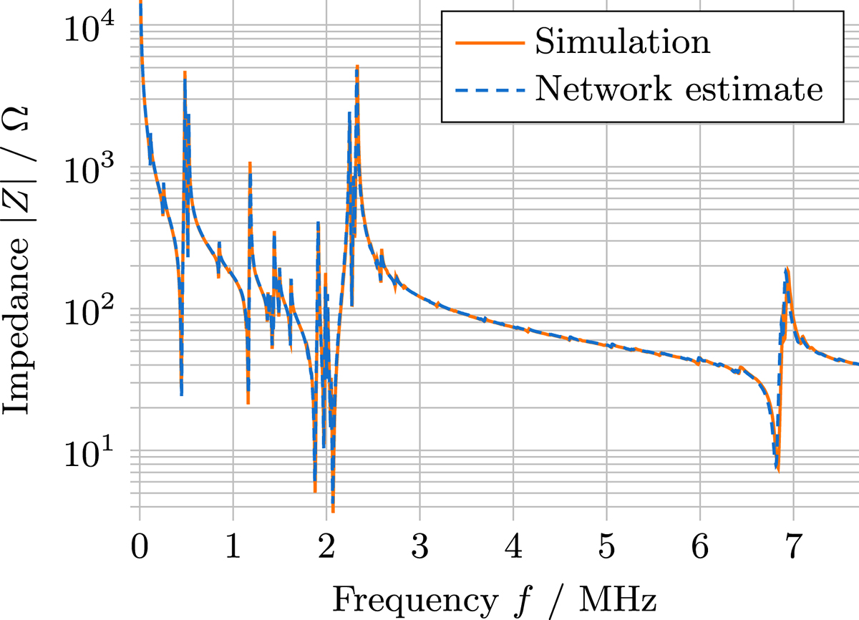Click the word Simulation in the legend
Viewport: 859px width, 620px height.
[622, 42]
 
